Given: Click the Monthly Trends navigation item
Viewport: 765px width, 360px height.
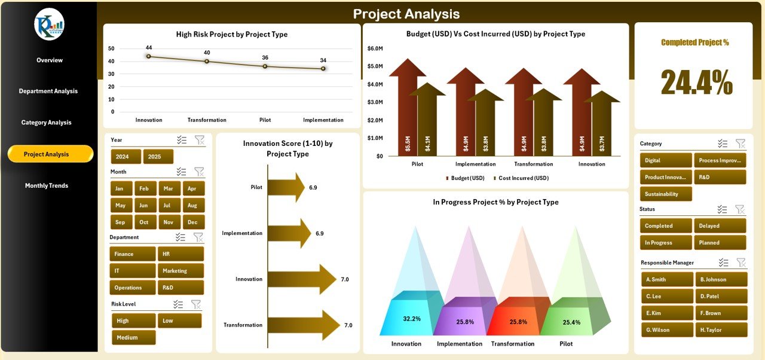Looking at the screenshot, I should [x=47, y=185].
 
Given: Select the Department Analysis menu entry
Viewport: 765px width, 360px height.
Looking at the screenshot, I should [x=48, y=91].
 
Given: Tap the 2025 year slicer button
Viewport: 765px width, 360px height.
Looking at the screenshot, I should [x=158, y=157].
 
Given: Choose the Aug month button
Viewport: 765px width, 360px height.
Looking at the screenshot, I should [x=192, y=205].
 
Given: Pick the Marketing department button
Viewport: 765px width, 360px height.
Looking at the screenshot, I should [x=180, y=271].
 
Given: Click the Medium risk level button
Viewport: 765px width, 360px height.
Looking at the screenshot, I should [x=133, y=337].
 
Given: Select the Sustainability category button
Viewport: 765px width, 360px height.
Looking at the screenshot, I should [x=666, y=194].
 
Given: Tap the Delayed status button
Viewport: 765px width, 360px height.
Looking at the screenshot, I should [x=720, y=226].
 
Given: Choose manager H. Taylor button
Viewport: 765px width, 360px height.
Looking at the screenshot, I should [x=721, y=330].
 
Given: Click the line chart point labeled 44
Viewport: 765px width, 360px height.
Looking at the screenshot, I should [x=148, y=56].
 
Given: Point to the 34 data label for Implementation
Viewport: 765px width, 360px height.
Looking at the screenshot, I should [x=323, y=60].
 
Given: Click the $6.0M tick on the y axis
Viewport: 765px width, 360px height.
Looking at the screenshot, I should [x=375, y=48].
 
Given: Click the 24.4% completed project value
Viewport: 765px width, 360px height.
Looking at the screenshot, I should [x=696, y=83].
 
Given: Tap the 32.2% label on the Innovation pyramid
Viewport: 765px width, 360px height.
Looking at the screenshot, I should [x=412, y=319].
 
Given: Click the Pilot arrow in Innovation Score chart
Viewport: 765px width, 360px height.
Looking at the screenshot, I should [x=286, y=187].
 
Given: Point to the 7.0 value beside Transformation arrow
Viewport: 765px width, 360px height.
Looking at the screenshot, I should [x=348, y=325].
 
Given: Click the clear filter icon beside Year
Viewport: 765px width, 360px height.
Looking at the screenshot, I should [x=200, y=140].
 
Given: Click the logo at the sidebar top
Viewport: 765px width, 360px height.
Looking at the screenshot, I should [x=49, y=25].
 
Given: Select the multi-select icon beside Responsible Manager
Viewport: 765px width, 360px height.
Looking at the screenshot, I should [x=724, y=263].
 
